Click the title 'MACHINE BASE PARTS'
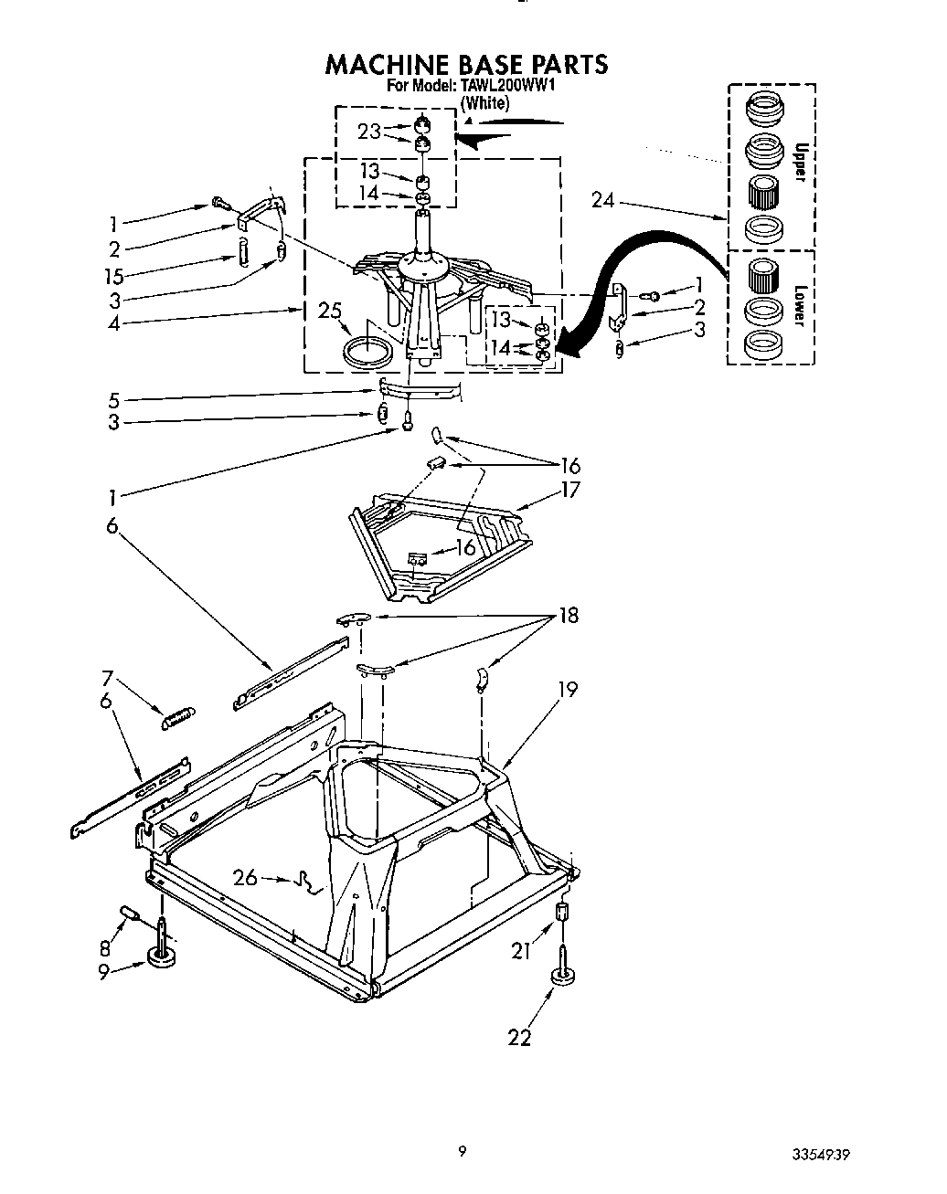[466, 64]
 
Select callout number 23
[368, 132]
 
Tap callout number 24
[602, 199]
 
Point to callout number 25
[329, 311]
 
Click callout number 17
[569, 491]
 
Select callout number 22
[518, 1037]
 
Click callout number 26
[245, 879]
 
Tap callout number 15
[113, 276]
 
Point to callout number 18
[568, 616]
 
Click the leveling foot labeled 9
[161, 956]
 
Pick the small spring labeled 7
[177, 718]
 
